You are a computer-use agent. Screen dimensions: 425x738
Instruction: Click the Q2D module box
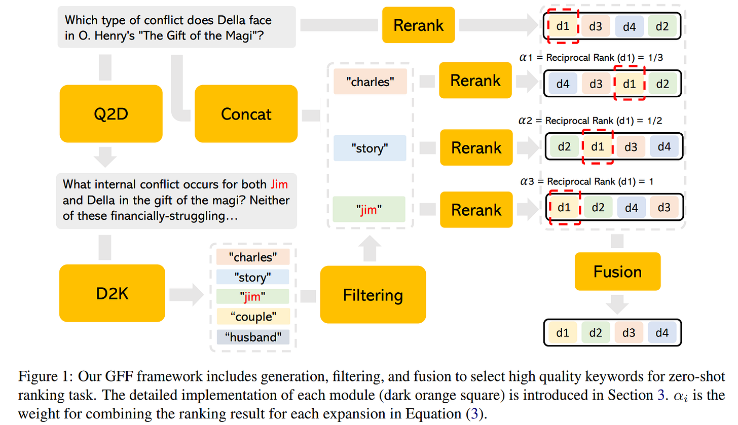click(x=111, y=113)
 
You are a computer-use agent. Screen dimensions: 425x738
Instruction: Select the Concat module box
click(x=246, y=113)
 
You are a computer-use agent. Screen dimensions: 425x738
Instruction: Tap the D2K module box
click(x=112, y=293)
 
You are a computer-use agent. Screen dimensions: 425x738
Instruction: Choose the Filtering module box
click(x=373, y=294)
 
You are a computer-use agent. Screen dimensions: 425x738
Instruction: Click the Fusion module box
click(x=617, y=272)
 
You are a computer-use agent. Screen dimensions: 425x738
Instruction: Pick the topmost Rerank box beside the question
click(x=418, y=25)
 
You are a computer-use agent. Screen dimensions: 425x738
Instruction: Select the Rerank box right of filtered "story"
click(x=476, y=147)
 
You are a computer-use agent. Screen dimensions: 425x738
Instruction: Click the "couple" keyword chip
click(x=253, y=317)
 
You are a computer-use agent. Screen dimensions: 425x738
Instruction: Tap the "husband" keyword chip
click(x=253, y=336)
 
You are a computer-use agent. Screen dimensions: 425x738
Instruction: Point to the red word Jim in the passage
click(x=279, y=184)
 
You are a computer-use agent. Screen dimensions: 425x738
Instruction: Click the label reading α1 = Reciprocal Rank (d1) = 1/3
click(x=591, y=58)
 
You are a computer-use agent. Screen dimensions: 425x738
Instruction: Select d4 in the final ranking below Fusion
click(x=662, y=333)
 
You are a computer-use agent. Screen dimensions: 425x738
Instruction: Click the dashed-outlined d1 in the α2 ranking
click(x=598, y=147)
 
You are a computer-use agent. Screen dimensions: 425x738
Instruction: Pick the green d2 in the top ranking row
click(x=662, y=26)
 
